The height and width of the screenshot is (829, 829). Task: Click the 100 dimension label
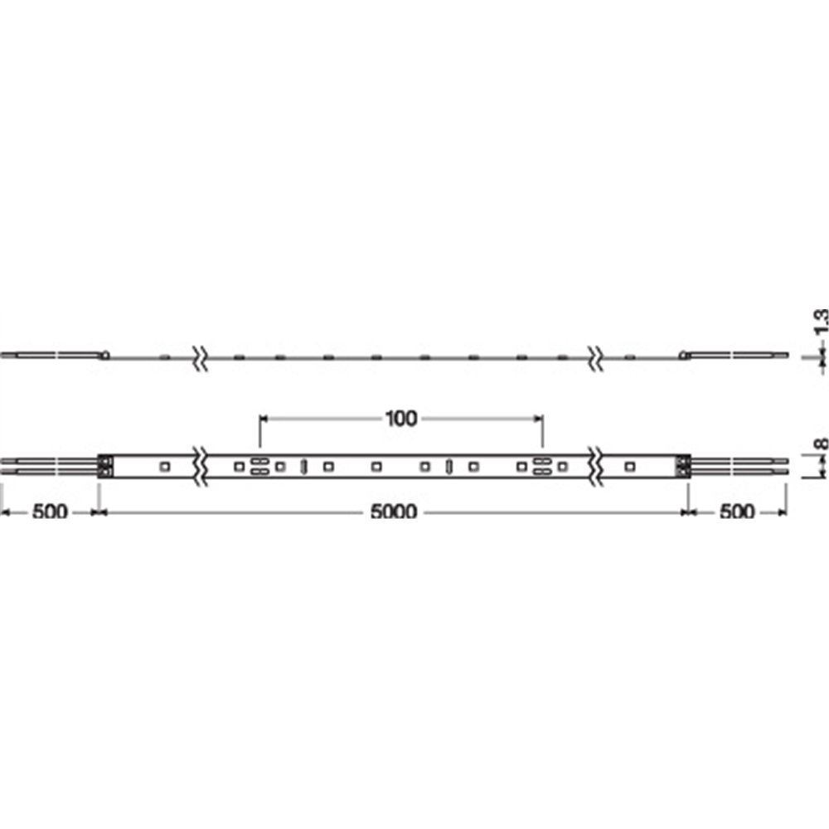401,419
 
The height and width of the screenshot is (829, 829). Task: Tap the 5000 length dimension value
394,511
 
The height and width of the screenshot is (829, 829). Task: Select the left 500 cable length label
51,511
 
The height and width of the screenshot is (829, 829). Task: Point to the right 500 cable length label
737,511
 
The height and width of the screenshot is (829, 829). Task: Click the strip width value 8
820,443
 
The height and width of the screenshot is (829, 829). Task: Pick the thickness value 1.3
821,322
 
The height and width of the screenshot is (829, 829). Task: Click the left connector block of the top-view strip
106,466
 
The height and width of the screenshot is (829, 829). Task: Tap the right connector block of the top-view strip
683,466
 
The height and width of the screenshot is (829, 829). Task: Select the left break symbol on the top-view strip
200,466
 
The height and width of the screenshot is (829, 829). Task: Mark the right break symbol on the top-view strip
596,466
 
